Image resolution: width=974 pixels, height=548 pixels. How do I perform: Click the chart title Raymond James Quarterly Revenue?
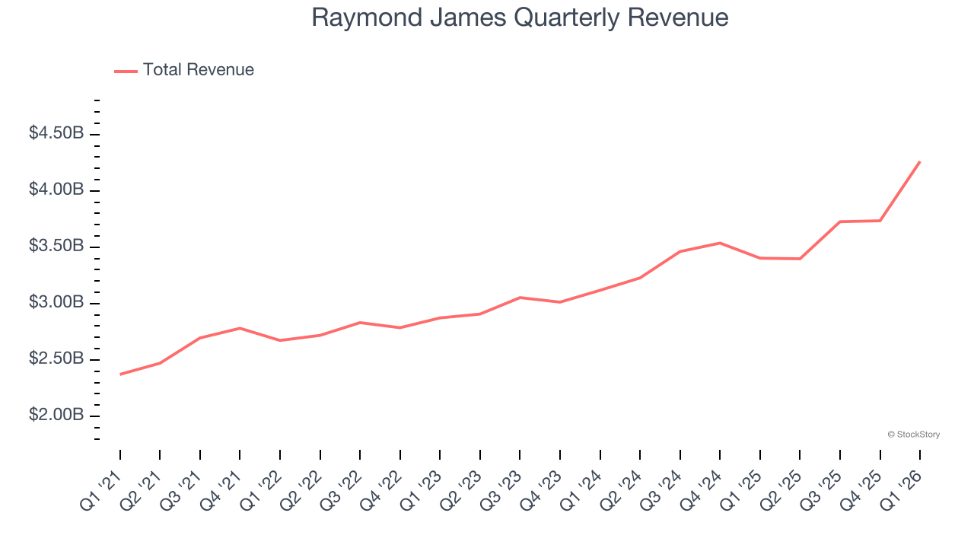[520, 18]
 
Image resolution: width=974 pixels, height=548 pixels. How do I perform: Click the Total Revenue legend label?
[198, 70]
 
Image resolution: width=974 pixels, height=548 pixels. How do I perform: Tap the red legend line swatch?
[126, 71]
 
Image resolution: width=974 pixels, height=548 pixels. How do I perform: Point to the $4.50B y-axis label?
[56, 133]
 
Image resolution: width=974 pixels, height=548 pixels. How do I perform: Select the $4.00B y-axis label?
[56, 190]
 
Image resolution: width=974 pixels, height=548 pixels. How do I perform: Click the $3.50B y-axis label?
[56, 246]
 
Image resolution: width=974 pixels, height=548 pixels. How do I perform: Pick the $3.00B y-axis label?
[56, 302]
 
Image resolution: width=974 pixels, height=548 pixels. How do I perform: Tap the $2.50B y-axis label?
[56, 358]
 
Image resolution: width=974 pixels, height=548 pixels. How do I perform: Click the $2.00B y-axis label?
[56, 415]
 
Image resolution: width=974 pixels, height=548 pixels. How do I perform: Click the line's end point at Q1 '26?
[920, 161]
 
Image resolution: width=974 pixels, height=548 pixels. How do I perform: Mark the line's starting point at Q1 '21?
[120, 374]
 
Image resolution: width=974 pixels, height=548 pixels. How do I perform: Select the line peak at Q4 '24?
[720, 243]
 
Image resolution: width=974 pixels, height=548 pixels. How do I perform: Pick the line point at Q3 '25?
[840, 221]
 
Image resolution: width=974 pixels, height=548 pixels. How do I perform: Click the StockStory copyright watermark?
[913, 435]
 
